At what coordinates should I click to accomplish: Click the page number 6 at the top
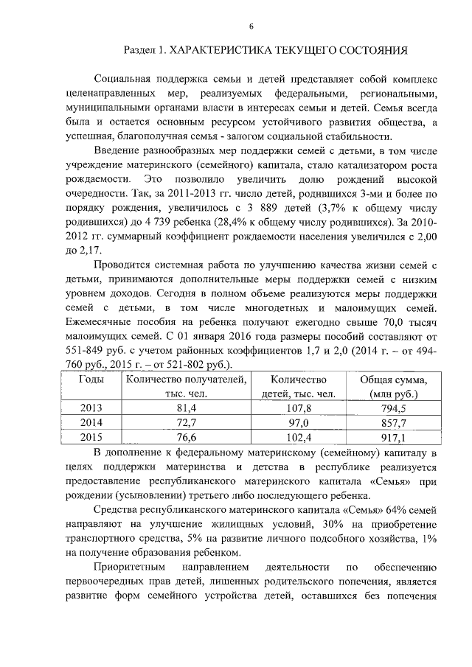click(x=251, y=27)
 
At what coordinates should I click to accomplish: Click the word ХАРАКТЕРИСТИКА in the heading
click(x=221, y=52)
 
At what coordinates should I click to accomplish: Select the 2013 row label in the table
click(x=91, y=408)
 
